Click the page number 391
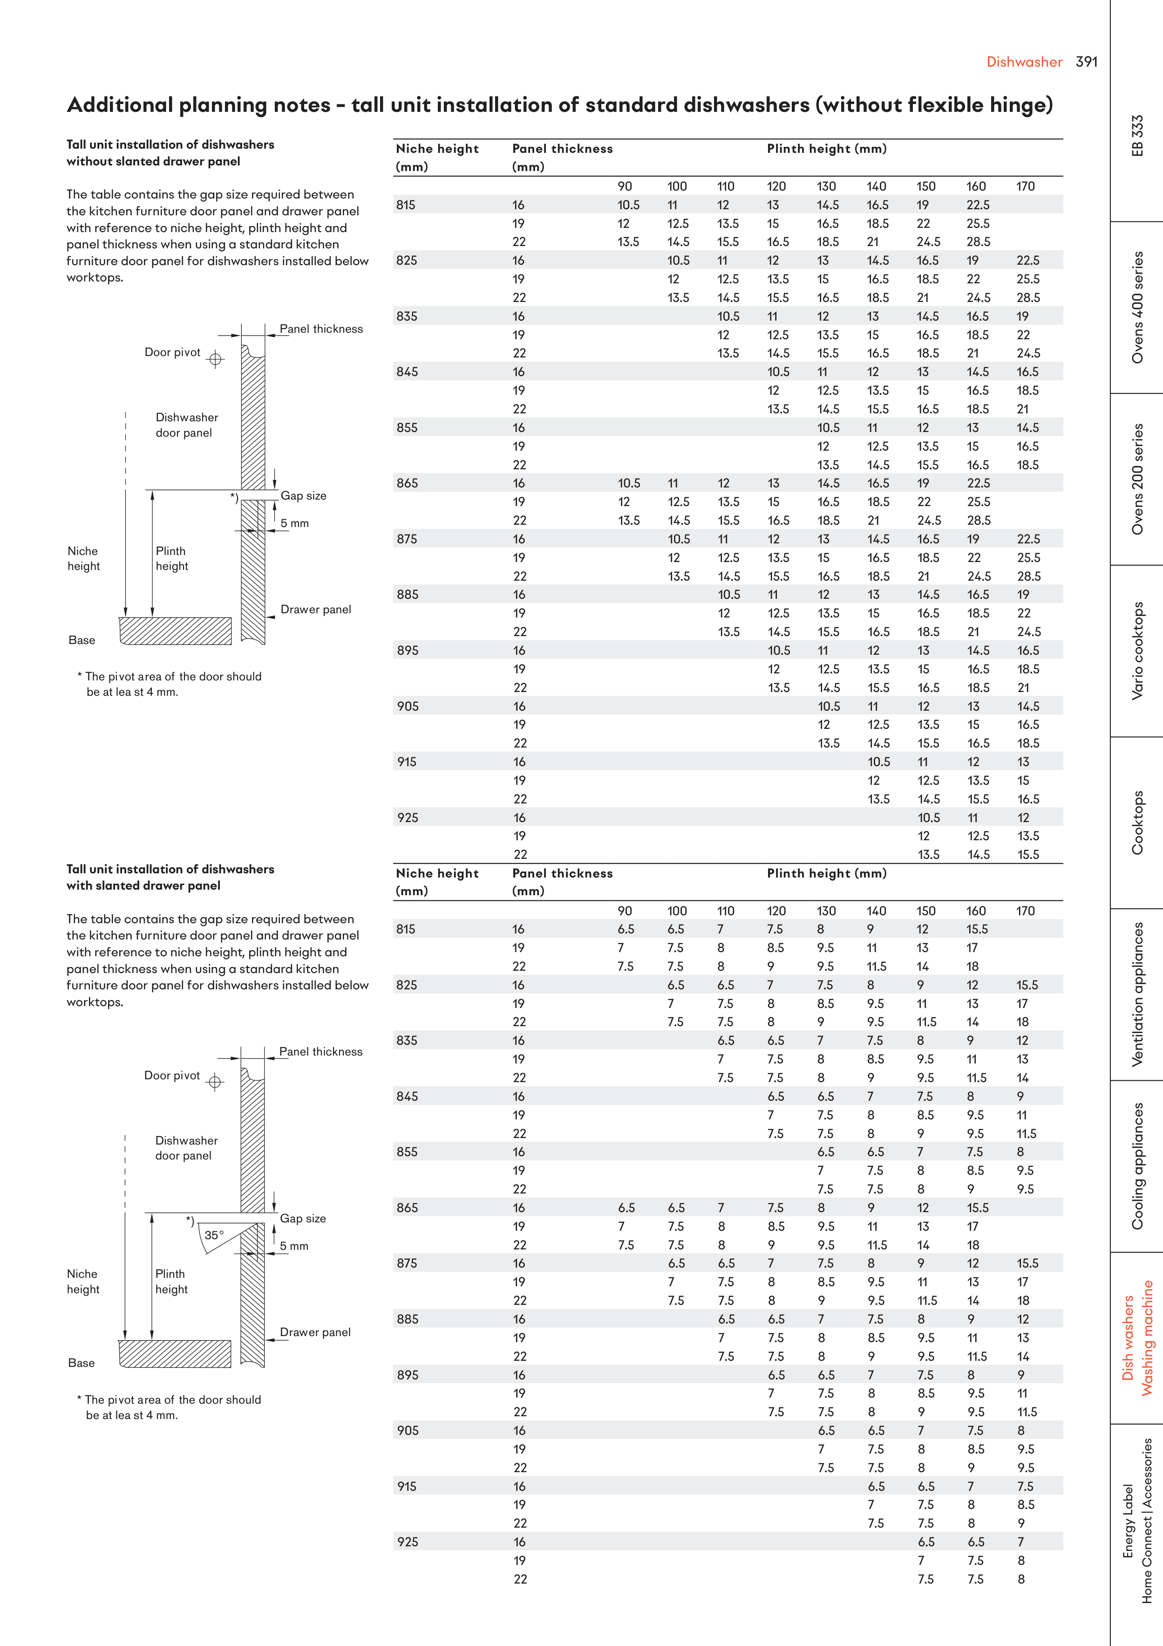coord(1086,62)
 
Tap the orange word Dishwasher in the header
coord(1024,62)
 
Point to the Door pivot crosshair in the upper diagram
coord(216,359)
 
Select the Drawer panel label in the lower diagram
coord(315,1332)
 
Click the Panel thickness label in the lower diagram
coord(320,1052)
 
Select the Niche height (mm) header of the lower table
coord(437,882)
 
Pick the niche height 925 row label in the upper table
coord(408,818)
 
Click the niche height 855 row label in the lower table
coord(407,1152)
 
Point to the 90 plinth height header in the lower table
coord(625,911)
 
